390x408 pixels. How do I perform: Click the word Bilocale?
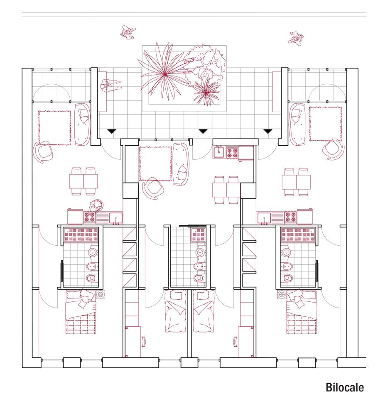pyautogui.click(x=345, y=388)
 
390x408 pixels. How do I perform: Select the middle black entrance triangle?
pyautogui.click(x=203, y=131)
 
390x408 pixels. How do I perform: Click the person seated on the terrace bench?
pyautogui.click(x=109, y=86)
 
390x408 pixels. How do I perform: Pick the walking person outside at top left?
pyautogui.click(x=128, y=32)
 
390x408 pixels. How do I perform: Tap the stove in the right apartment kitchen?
pyautogui.click(x=290, y=217)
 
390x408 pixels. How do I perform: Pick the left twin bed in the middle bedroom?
pyautogui.click(x=177, y=312)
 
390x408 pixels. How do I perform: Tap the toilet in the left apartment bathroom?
pyautogui.click(x=91, y=277)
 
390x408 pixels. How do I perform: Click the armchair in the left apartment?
pyautogui.click(x=43, y=151)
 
